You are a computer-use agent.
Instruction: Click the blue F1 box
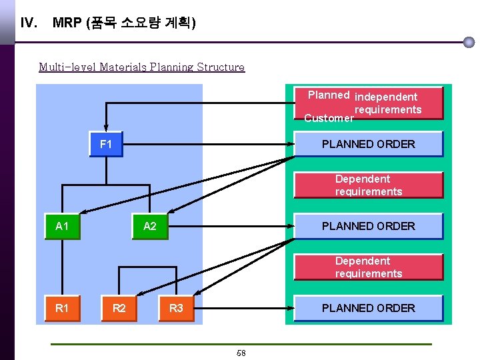106,144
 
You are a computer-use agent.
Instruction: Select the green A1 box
62,226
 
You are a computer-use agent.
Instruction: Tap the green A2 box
150,226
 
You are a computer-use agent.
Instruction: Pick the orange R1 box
62,308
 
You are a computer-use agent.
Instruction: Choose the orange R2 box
119,308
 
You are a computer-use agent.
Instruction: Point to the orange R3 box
176,308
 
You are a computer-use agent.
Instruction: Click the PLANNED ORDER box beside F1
368,144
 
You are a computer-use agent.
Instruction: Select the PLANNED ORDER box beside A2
368,226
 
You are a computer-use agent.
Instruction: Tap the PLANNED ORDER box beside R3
368,308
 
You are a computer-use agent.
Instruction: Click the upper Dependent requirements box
368,185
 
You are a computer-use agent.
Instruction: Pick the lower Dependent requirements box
368,267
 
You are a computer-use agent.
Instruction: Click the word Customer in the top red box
329,118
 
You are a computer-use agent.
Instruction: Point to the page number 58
241,353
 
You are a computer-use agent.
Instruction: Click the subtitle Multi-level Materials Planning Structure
141,67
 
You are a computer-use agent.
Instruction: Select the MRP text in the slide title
67,23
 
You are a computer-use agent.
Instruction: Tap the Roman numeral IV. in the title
29,23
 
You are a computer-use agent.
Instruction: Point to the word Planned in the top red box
329,95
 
